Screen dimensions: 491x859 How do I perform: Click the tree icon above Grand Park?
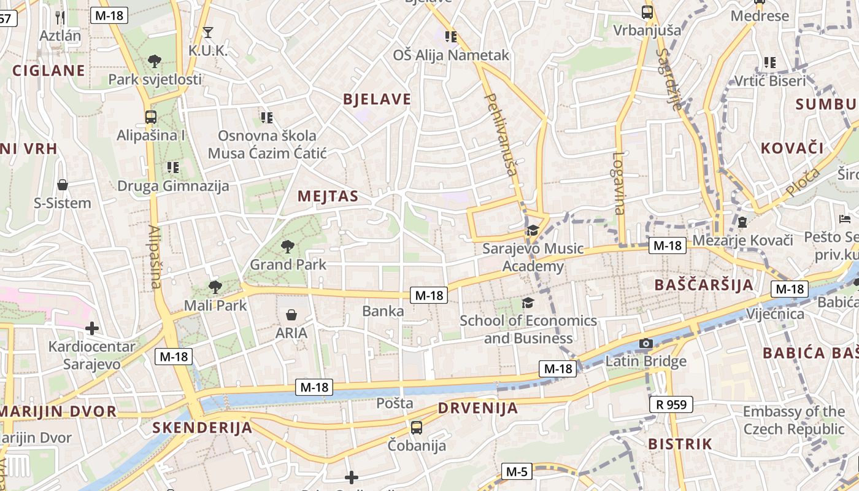287,247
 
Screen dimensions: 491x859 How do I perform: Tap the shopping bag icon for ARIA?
291,315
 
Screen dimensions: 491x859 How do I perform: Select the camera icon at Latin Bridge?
645,343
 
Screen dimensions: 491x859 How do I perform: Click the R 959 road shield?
671,404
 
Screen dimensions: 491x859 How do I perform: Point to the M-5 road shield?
517,471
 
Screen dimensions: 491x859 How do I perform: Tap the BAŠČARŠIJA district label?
704,285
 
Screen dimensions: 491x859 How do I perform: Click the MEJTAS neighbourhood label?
328,196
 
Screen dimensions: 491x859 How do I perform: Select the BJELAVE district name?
377,99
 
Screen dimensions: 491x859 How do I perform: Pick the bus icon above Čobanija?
417,427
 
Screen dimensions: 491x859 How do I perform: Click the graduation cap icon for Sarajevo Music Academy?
533,230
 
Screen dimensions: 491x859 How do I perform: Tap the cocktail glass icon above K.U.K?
208,32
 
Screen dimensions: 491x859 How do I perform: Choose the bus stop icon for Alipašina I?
150,117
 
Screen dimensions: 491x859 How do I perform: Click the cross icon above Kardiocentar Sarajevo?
92,328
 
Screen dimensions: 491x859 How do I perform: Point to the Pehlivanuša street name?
501,134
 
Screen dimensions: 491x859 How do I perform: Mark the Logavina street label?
618,183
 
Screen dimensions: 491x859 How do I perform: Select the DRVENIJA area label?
478,408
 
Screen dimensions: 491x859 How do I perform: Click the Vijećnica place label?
775,314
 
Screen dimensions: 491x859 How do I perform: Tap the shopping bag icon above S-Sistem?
62,185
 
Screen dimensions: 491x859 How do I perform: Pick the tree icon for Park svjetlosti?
155,61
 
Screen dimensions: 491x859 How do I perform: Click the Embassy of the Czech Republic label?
794,420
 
